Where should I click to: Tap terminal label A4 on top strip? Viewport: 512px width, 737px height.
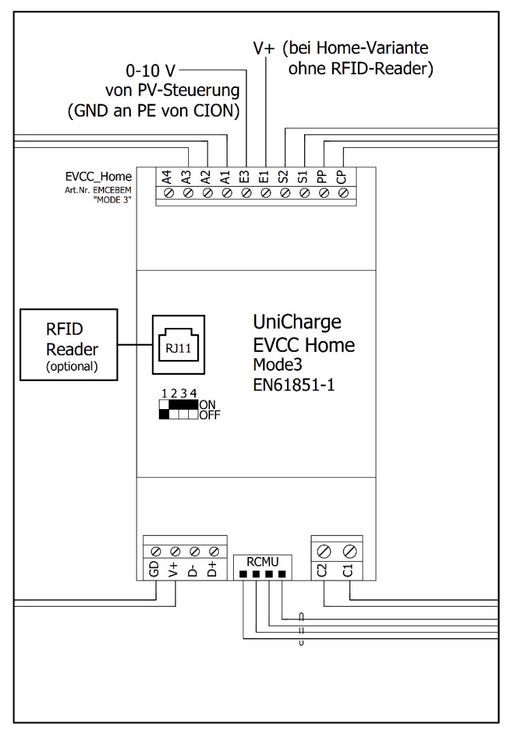[x=168, y=178]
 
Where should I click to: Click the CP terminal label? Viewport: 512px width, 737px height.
[x=340, y=178]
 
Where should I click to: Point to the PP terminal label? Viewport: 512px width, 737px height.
[x=321, y=178]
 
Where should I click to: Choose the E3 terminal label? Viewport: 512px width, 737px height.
[x=244, y=178]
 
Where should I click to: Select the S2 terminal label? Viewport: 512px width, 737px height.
[x=284, y=178]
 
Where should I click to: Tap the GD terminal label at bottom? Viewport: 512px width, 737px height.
[x=155, y=569]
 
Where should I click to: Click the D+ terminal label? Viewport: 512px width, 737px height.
[x=213, y=569]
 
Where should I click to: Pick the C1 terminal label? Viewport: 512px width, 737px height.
[x=348, y=569]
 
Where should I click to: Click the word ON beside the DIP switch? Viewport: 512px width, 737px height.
[x=208, y=404]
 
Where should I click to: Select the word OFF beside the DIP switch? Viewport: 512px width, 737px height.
[x=211, y=414]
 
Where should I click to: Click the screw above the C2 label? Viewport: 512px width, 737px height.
[x=323, y=548]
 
